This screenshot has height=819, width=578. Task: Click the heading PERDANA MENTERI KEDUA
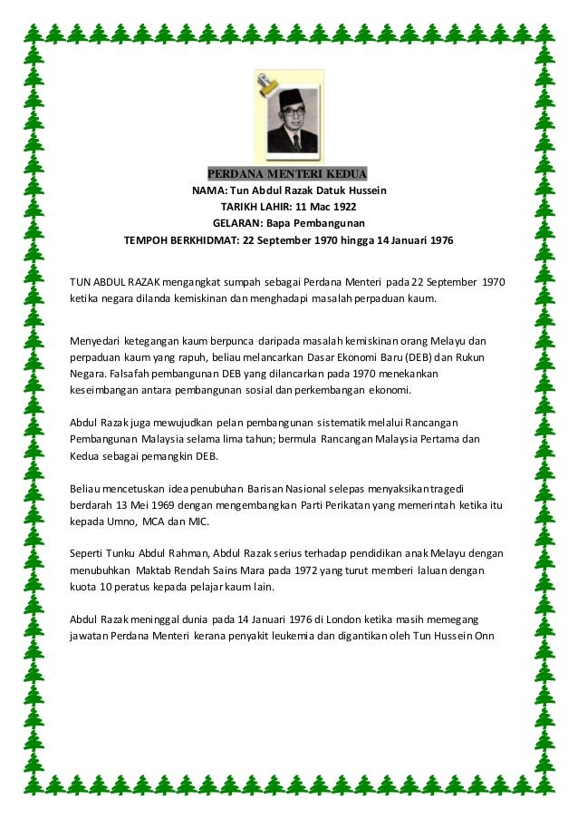pyautogui.click(x=288, y=174)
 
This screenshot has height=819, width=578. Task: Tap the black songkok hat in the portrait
pyautogui.click(x=293, y=96)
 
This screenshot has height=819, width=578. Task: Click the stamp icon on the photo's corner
pyautogui.click(x=266, y=87)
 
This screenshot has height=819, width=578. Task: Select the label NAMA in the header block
pyautogui.click(x=208, y=191)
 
